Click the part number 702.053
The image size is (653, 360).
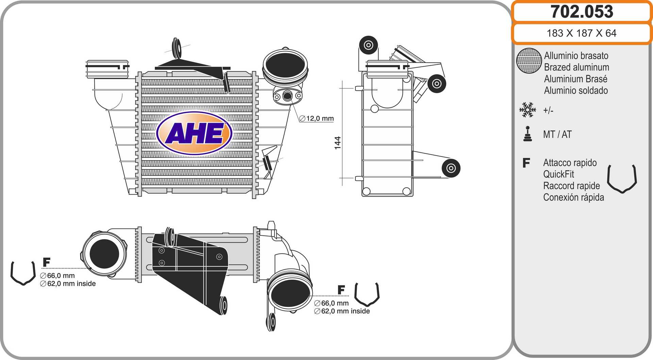582,12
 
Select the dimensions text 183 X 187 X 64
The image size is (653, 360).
581,33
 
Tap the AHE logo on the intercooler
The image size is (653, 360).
194,133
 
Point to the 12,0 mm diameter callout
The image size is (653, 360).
317,118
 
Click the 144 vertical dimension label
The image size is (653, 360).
337,143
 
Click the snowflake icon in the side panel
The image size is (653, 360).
528,110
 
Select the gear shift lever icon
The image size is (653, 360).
528,134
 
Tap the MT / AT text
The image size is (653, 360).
557,134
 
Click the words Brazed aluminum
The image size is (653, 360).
576,67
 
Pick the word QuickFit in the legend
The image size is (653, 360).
558,174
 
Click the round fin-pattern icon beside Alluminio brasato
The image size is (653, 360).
529,61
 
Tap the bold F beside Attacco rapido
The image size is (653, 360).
526,163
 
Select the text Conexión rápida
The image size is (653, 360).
573,197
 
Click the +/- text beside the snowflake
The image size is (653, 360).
548,110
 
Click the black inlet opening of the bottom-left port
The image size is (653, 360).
104,253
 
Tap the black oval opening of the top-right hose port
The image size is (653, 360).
285,67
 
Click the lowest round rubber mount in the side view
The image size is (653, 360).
451,168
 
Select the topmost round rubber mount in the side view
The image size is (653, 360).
368,45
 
